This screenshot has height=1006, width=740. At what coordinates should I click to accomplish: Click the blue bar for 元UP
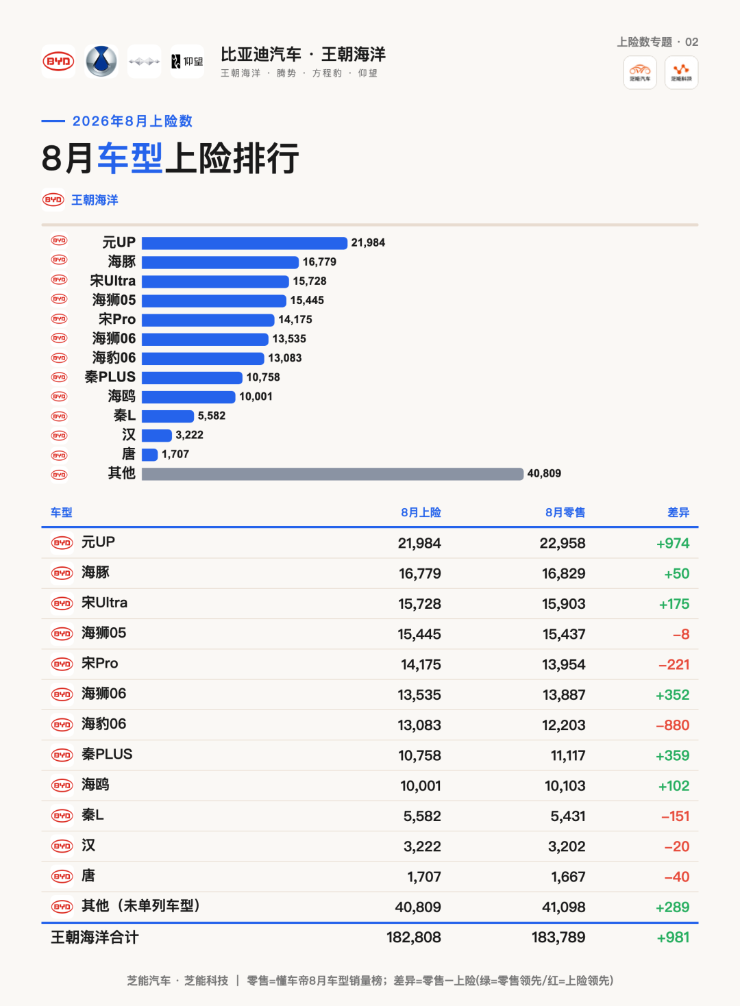pyautogui.click(x=245, y=243)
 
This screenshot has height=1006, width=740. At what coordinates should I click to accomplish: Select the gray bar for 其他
pyautogui.click(x=332, y=474)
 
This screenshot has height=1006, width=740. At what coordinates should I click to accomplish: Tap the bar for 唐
pyautogui.click(x=149, y=455)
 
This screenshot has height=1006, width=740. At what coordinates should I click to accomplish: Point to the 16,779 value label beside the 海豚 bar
pyautogui.click(x=319, y=262)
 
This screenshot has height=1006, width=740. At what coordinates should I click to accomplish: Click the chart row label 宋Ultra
pyautogui.click(x=113, y=281)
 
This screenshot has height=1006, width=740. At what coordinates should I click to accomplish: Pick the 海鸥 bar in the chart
pyautogui.click(x=188, y=397)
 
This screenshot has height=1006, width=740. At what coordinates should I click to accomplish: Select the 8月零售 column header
pyautogui.click(x=565, y=512)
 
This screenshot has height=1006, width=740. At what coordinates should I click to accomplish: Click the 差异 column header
pyautogui.click(x=678, y=512)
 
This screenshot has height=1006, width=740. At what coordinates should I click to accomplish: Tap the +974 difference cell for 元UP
pyautogui.click(x=673, y=544)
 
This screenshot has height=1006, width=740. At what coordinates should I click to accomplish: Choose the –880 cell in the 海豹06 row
pyautogui.click(x=673, y=725)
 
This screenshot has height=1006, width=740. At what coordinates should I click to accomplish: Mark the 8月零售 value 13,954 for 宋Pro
pyautogui.click(x=564, y=665)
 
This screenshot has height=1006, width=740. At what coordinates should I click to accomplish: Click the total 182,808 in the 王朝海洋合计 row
pyautogui.click(x=414, y=938)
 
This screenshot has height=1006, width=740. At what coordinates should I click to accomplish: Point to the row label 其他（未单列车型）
pyautogui.click(x=140, y=906)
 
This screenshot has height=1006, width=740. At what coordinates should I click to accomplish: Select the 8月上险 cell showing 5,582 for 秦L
pyautogui.click(x=422, y=816)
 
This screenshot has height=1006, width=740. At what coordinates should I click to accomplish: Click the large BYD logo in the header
pyautogui.click(x=58, y=62)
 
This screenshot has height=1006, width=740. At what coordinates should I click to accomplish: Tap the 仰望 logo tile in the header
pyautogui.click(x=187, y=62)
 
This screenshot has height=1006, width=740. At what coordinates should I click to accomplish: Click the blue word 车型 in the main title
pyautogui.click(x=130, y=158)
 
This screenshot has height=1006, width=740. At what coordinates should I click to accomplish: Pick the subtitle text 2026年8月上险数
pyautogui.click(x=132, y=121)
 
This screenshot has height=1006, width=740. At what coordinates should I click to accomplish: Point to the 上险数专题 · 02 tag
pyautogui.click(x=657, y=42)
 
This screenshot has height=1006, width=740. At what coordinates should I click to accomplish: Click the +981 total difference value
pyautogui.click(x=673, y=938)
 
